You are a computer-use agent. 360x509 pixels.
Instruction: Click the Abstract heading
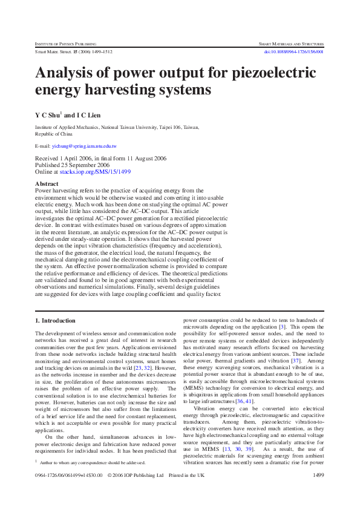pos(47,183)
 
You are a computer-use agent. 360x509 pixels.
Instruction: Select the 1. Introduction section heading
pos(55,320)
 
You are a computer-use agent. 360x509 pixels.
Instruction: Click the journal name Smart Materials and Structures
pos(291,45)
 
